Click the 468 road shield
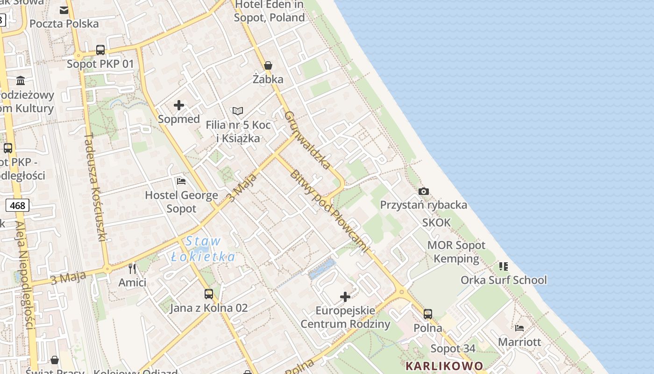point(18,205)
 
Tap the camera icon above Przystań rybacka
point(424,191)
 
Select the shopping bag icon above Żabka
point(268,65)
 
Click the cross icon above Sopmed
point(178,105)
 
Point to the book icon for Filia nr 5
point(238,111)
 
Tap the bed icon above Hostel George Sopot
point(181,181)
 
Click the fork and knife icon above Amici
point(132,268)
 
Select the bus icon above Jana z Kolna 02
point(209,294)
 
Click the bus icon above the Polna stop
point(428,314)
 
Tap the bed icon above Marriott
point(519,328)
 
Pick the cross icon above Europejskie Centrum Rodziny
point(345,296)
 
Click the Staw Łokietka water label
point(203,249)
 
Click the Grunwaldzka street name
point(307,140)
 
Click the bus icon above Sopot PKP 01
point(100,50)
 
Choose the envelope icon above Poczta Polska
point(64,10)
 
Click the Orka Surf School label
point(504,280)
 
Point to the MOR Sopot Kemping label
point(456,252)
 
